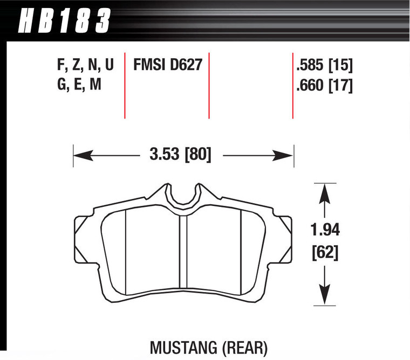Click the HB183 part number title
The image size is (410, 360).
[64, 22]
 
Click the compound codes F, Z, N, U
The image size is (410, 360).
[85, 66]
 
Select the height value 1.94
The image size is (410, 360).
[324, 231]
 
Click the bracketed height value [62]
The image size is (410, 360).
[324, 252]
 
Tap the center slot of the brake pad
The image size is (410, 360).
[183, 253]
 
